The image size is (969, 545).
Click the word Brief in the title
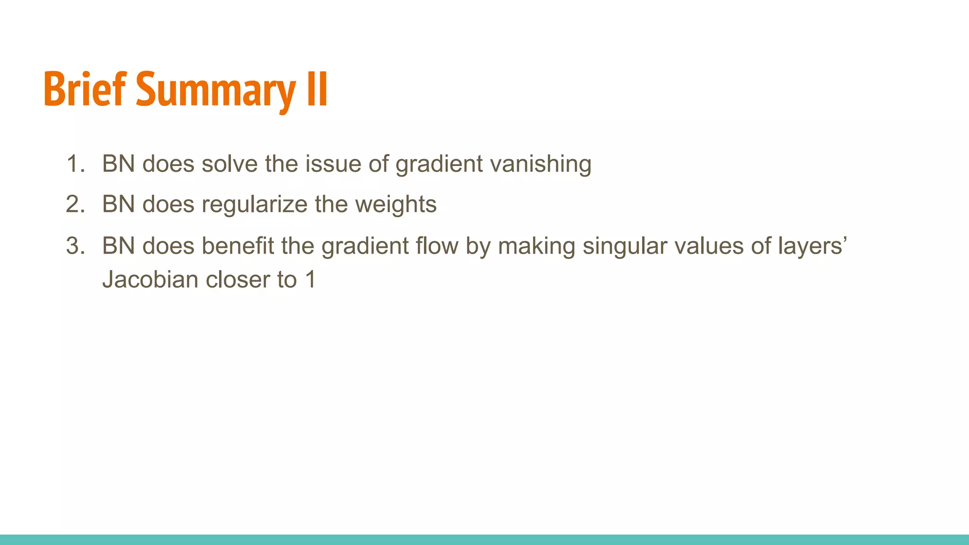click(x=85, y=89)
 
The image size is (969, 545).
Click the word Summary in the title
click(x=216, y=90)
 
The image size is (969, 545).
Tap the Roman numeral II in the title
click(x=317, y=89)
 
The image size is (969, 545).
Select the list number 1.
click(x=75, y=164)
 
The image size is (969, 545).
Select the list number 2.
click(x=75, y=204)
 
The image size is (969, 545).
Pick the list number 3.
click(x=75, y=246)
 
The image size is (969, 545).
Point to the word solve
click(x=230, y=164)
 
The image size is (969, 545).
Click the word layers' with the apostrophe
click(x=812, y=246)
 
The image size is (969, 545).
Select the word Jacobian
click(x=150, y=280)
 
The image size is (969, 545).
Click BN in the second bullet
click(x=118, y=204)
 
